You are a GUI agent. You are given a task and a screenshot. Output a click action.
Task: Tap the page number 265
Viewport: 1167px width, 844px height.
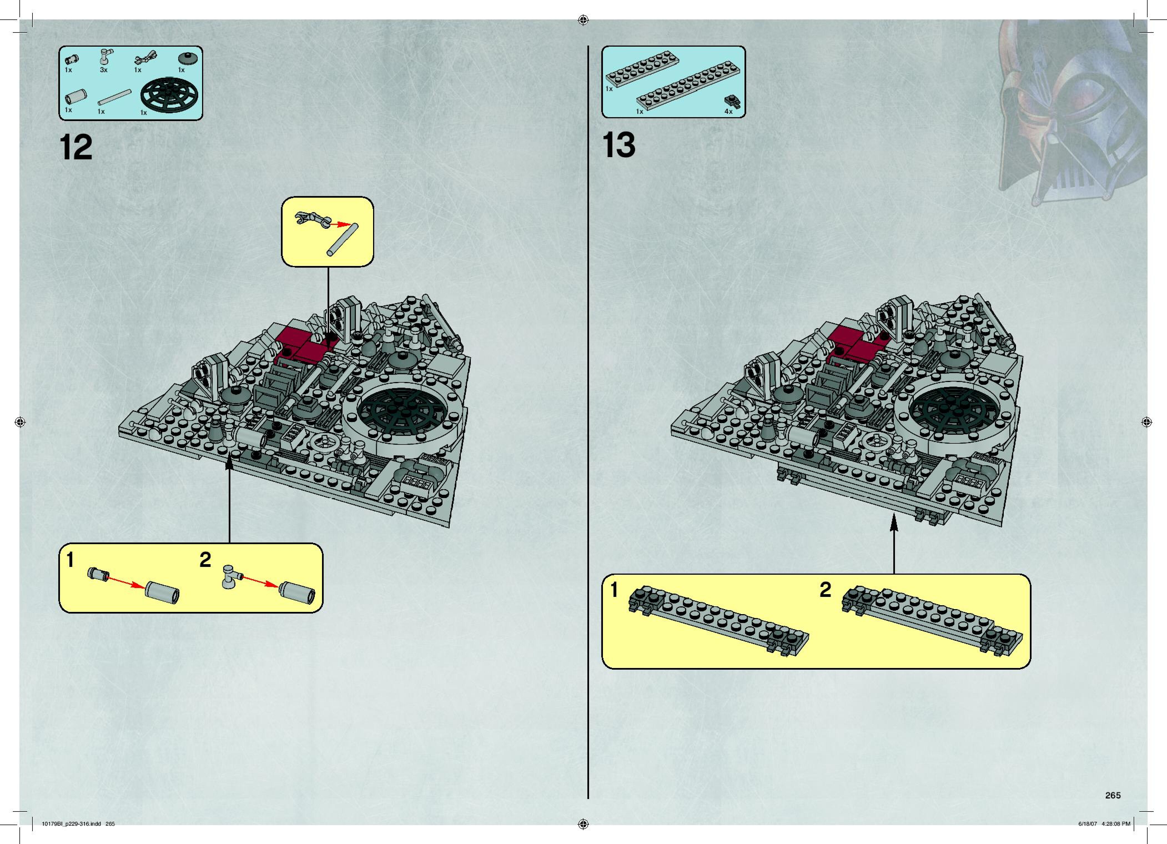[1113, 795]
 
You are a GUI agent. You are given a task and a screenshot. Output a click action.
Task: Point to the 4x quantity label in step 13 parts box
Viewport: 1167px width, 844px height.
[728, 111]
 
